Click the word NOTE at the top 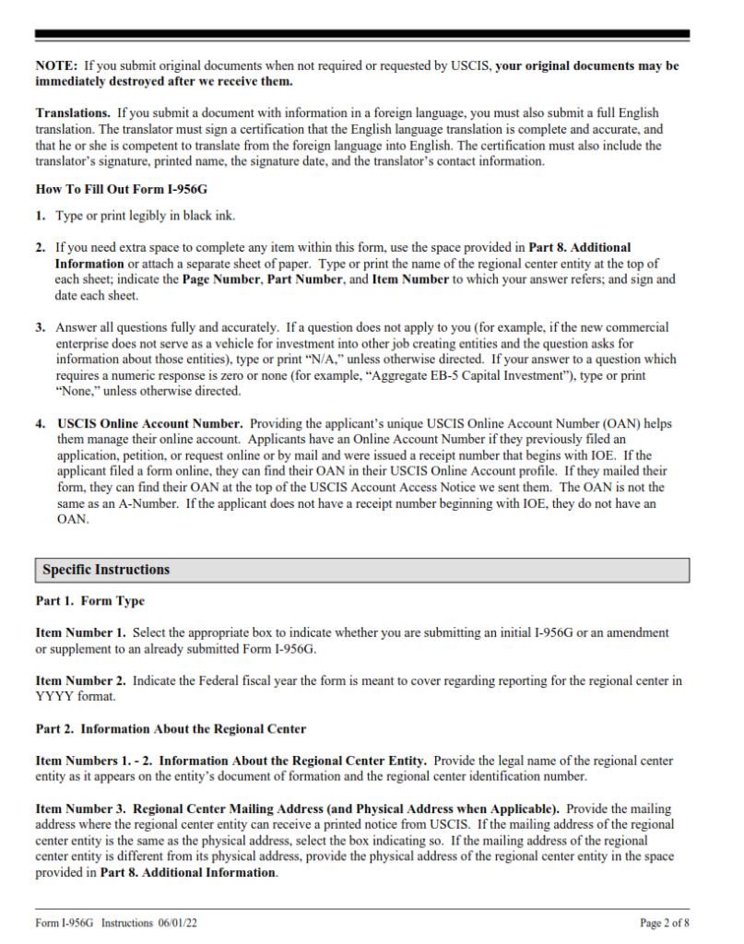[x=55, y=66]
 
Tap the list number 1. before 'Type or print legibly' [x=41, y=217]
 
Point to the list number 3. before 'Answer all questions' [x=41, y=327]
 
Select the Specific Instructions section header [x=106, y=571]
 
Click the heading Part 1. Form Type [x=90, y=601]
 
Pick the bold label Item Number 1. [x=81, y=633]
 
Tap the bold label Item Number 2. [x=81, y=681]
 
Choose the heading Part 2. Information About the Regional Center [x=171, y=729]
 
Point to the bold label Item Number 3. [x=81, y=808]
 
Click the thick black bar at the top [x=361, y=34]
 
